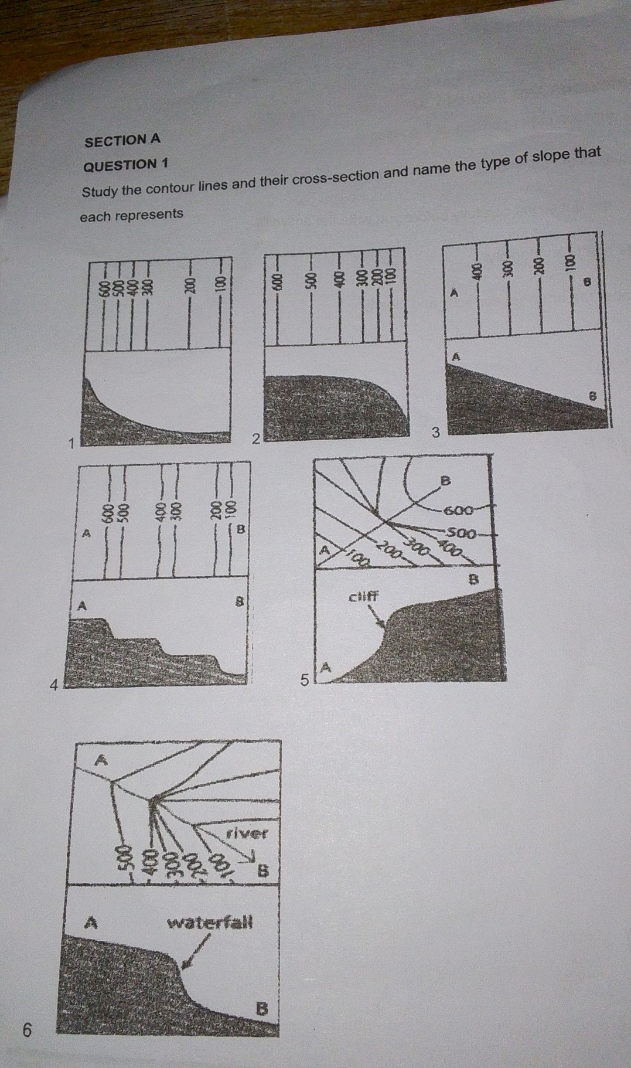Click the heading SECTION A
tap(122, 140)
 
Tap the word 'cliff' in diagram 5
tap(363, 597)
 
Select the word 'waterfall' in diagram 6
tap(210, 923)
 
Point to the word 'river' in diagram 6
tap(246, 833)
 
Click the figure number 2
tap(255, 438)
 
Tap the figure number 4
tap(53, 683)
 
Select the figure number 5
tap(303, 680)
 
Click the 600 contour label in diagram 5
tap(458, 509)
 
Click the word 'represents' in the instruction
tap(149, 215)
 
